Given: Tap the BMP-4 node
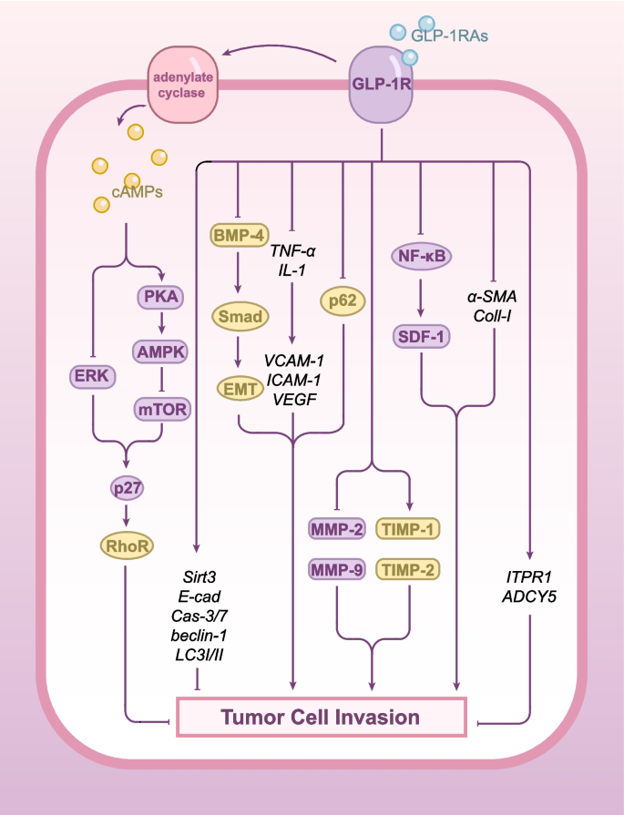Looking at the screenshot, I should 237,236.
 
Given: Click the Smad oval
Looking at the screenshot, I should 238,317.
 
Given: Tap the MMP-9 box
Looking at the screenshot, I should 338,571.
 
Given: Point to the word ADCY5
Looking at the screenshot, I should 529,598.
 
